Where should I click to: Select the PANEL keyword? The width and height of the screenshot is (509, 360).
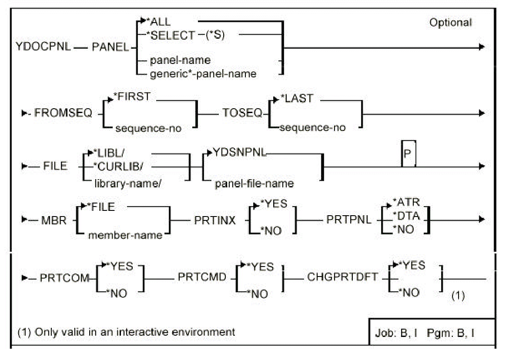pos(110,47)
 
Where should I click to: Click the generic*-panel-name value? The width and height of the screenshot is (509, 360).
pos(203,74)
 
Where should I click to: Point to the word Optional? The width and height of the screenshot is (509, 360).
pos(451,23)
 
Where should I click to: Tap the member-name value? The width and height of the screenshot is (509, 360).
pos(125,235)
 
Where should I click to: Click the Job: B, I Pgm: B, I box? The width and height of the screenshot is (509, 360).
pos(431,334)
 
